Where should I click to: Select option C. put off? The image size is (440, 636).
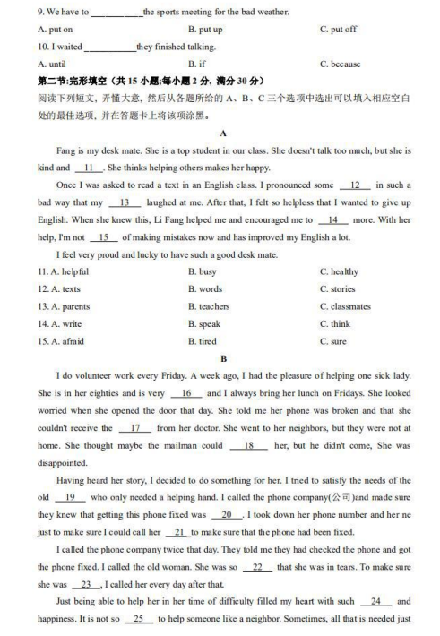tap(338, 30)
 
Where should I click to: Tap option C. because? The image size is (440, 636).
tap(340, 64)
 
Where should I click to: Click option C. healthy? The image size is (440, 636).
tap(339, 271)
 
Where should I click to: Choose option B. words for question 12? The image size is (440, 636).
tap(205, 289)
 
